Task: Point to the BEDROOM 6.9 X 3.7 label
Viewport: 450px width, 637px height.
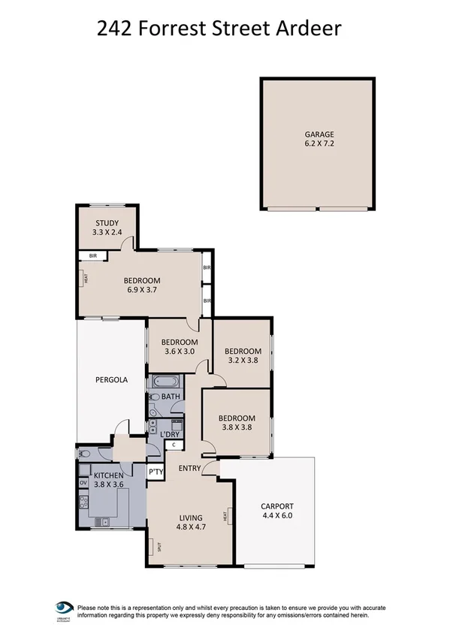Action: point(143,286)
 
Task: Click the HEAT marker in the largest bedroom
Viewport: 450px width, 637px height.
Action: point(86,278)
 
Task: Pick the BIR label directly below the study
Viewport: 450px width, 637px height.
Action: point(93,256)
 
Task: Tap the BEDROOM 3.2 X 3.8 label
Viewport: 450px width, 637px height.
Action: point(243,355)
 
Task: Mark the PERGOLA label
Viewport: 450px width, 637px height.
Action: point(111,380)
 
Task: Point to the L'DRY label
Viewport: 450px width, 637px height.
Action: point(171,435)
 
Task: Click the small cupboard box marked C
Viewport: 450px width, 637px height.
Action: point(174,445)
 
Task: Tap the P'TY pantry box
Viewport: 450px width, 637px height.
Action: point(156,472)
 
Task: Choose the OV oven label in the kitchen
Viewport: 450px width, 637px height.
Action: point(83,482)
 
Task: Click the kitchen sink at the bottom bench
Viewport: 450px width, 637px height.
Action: point(106,521)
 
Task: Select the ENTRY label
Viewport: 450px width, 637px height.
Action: point(189,469)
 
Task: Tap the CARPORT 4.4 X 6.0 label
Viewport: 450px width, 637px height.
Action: point(276,511)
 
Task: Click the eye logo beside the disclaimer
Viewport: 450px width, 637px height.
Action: point(64,608)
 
